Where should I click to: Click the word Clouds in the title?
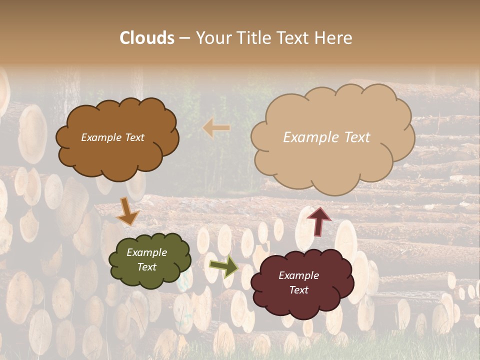pos(147,38)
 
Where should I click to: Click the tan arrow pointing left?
pos(216,128)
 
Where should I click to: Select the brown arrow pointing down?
pos(127,211)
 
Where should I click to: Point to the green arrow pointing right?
pos(223,266)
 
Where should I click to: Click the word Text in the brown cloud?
pos(133,137)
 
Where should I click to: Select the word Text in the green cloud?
pos(147,267)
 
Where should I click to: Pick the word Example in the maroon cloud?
pos(298,275)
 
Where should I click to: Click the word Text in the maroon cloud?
pos(298,290)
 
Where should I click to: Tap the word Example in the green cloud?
pos(147,252)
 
